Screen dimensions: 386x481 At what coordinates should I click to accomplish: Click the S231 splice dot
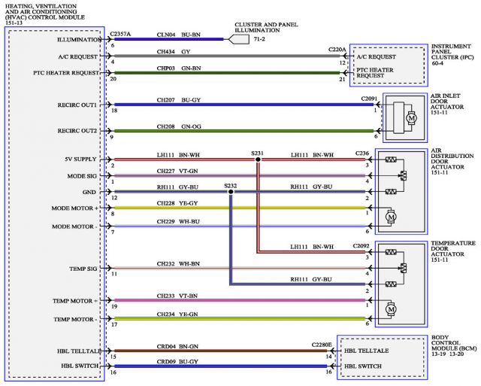coord(258,160)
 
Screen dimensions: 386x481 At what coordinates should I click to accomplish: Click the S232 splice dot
coord(230,191)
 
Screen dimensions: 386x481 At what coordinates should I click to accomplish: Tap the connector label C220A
coord(338,50)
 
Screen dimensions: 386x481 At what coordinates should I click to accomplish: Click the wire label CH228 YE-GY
coord(177,203)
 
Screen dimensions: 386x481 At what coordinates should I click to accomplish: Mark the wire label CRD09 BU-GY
coord(177,362)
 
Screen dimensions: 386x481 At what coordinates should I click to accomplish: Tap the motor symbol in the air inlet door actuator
coord(411,117)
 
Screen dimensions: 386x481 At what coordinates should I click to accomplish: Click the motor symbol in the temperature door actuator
coord(390,308)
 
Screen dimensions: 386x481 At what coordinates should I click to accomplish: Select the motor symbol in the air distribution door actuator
coord(390,217)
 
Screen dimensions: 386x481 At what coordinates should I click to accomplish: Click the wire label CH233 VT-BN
coord(177,296)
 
